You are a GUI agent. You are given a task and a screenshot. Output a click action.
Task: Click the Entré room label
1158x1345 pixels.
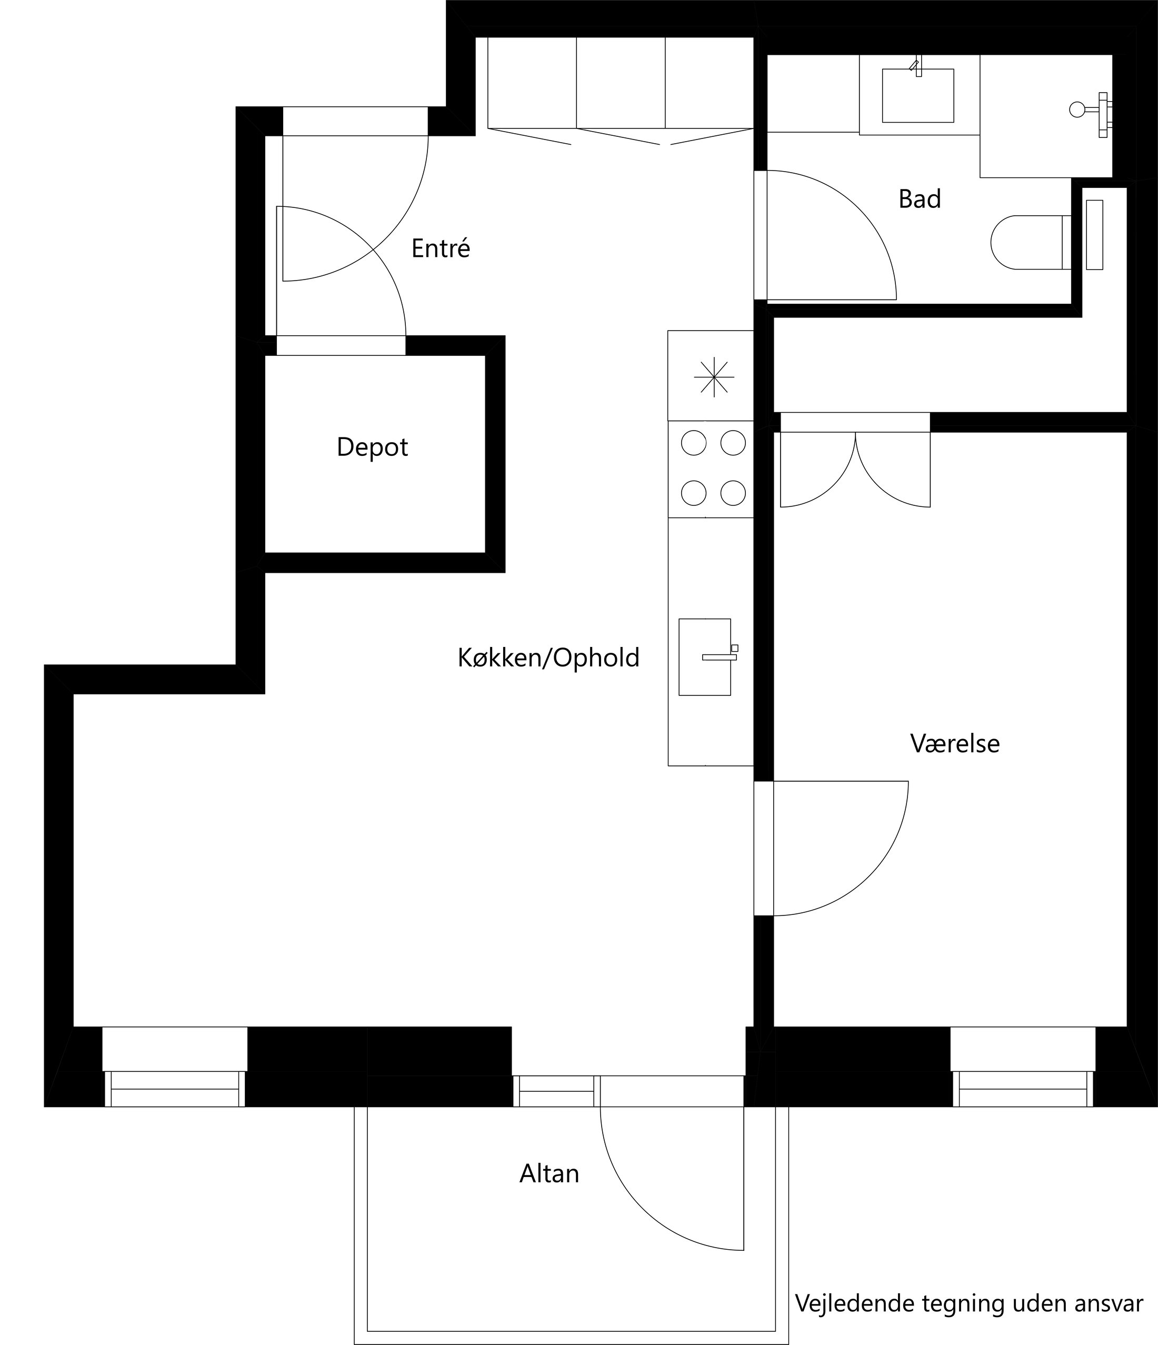[x=440, y=248]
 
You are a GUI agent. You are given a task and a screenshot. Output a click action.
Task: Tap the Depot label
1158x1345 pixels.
[x=372, y=447]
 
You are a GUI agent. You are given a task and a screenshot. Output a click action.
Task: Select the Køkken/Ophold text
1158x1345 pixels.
[x=548, y=658]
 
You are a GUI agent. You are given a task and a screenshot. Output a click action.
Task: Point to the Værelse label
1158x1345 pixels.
[x=955, y=744]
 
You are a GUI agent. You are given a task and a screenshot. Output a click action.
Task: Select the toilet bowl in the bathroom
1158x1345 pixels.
[x=1025, y=242]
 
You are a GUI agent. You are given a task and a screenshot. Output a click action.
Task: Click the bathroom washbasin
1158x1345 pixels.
[x=918, y=95]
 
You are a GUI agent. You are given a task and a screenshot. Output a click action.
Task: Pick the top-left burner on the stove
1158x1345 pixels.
[x=693, y=443]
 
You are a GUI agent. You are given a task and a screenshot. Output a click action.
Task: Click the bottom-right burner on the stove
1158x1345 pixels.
[x=733, y=493]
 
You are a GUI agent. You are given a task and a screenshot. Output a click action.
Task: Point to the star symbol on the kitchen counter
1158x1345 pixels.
[x=713, y=376]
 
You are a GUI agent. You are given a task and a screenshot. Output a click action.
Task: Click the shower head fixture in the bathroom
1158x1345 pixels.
[x=1077, y=109]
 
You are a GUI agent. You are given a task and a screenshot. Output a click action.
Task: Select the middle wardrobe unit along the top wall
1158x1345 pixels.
[x=621, y=83]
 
